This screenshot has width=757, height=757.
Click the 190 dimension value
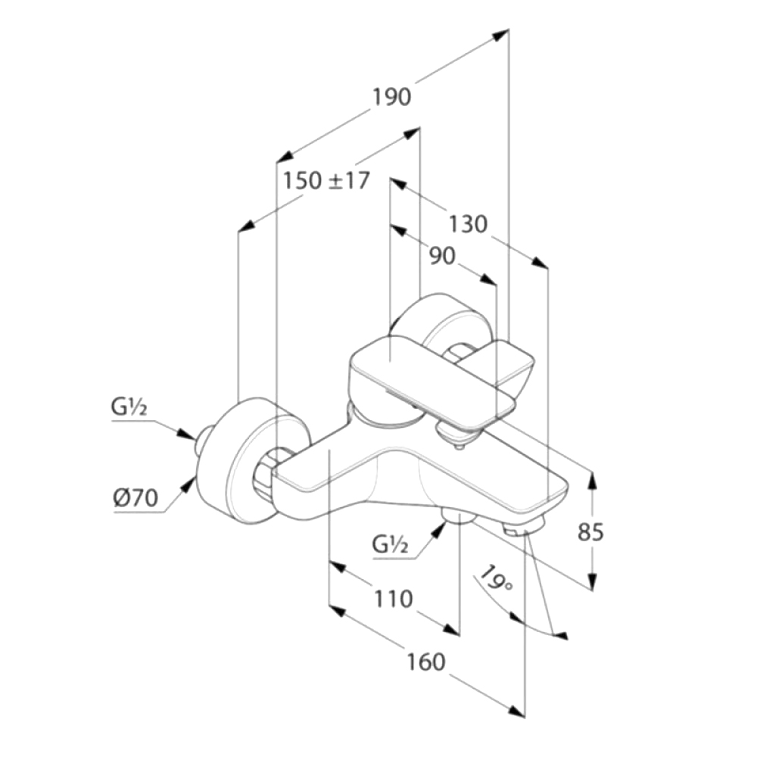391,97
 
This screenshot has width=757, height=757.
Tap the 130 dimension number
467,225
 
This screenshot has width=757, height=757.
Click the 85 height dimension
591,532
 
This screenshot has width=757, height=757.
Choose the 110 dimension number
393,599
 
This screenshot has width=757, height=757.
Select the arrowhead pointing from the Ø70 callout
185,482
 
